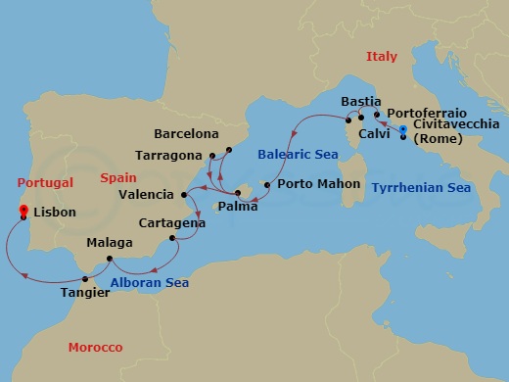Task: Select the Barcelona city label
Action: pos(187,134)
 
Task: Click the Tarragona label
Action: pos(171,155)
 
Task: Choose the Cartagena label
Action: pos(171,222)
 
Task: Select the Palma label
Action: pos(238,208)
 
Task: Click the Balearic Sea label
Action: pos(293,154)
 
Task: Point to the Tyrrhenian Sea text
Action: pos(422,187)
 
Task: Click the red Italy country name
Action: pos(382,58)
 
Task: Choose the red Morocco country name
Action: pos(95,348)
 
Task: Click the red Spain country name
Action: pos(117,176)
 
